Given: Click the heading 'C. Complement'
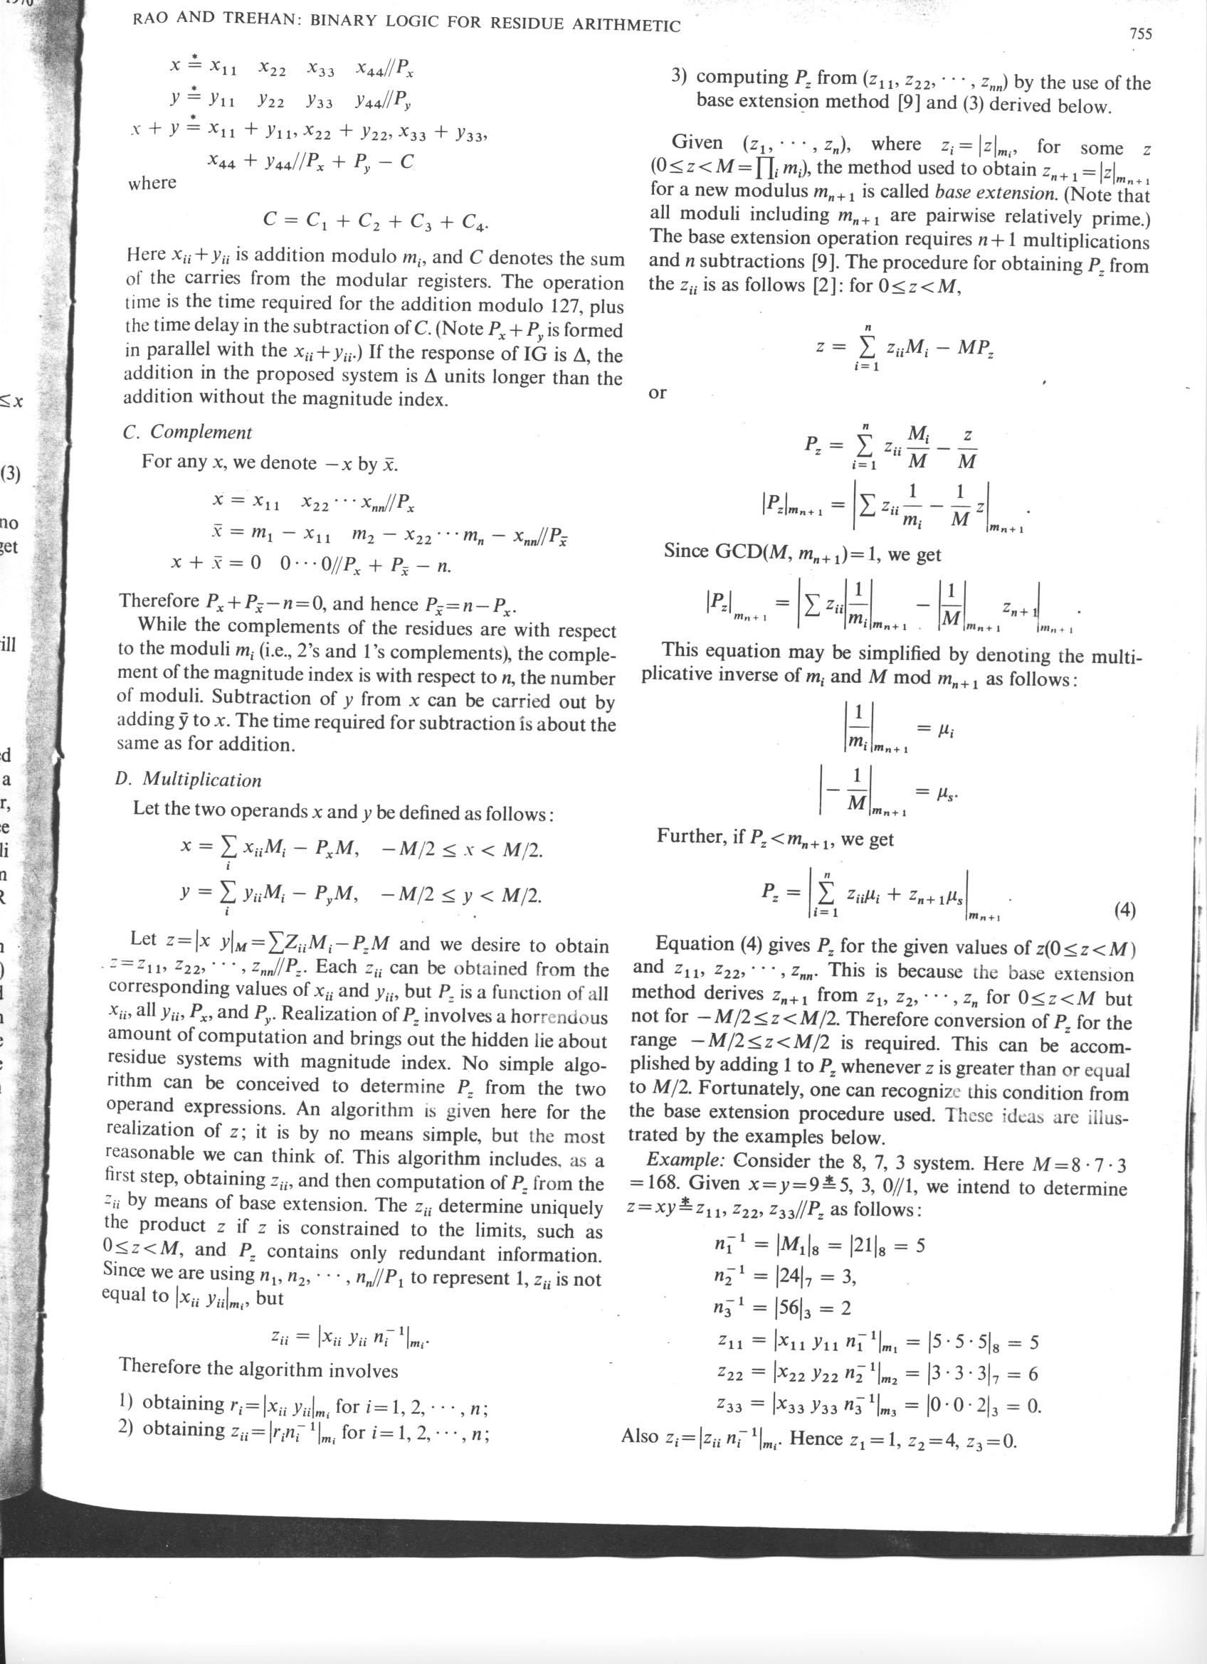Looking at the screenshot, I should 187,432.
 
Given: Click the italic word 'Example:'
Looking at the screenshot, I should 686,1161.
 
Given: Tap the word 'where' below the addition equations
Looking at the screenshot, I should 152,183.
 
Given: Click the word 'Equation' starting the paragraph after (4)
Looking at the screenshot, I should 693,943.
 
